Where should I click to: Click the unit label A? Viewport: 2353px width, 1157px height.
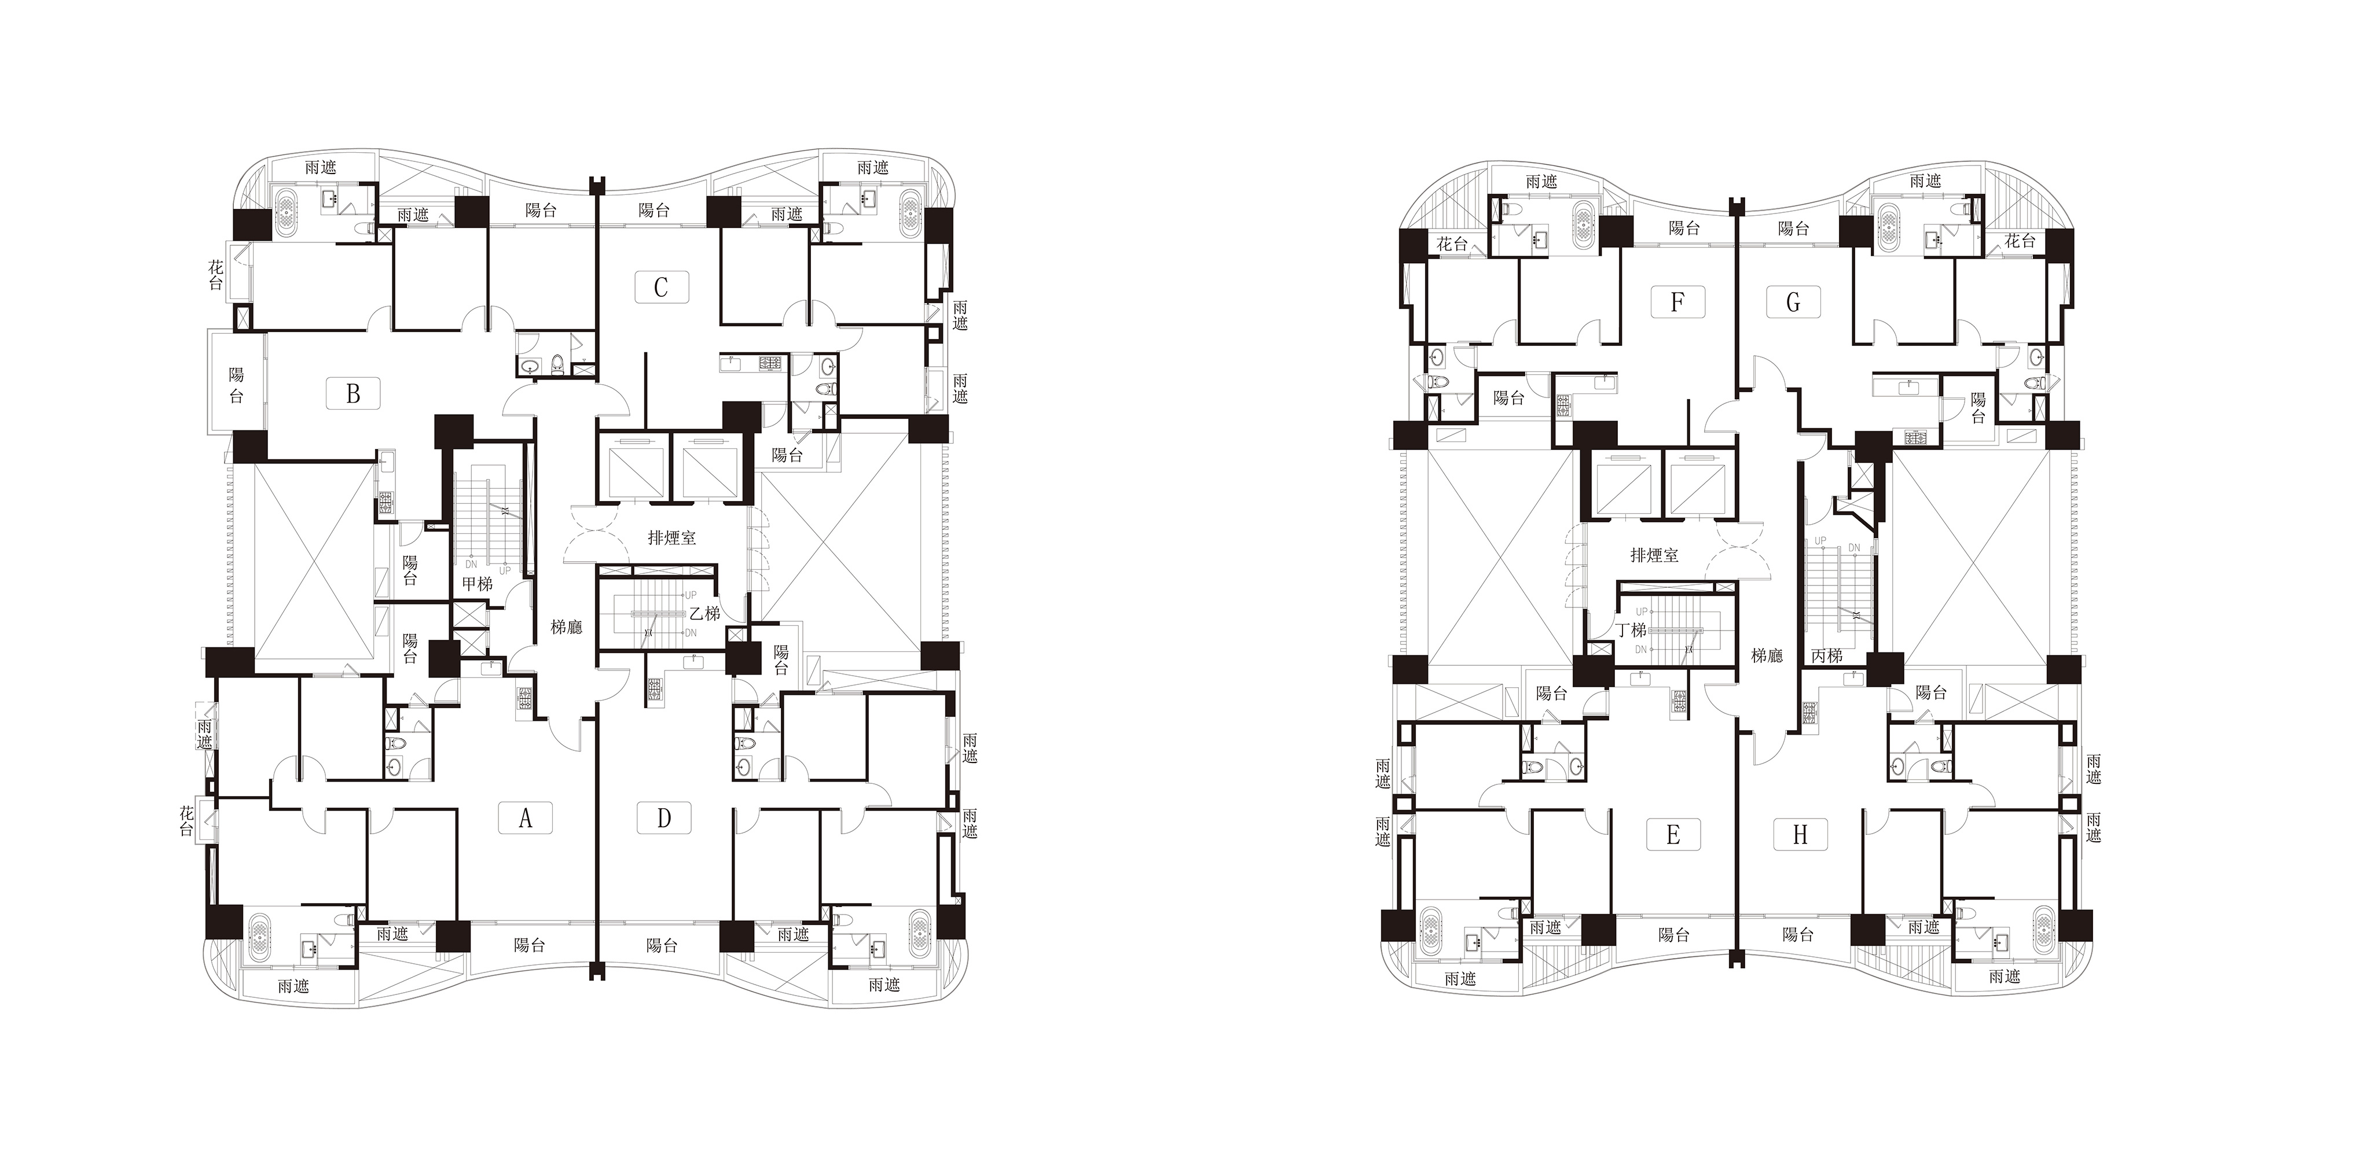(525, 818)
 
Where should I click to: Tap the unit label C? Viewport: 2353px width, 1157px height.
(661, 287)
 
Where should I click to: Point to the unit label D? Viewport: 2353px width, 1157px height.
(664, 817)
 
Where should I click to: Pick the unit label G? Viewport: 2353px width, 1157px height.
(1793, 302)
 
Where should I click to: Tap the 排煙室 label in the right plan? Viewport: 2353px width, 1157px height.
(1654, 554)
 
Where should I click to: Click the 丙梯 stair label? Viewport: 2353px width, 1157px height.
(1826, 655)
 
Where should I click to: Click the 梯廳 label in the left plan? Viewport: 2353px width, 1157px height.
(566, 627)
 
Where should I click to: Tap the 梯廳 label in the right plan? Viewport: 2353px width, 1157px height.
(1767, 655)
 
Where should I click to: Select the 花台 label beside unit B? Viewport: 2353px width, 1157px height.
(215, 275)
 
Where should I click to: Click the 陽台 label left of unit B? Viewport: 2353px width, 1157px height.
(237, 385)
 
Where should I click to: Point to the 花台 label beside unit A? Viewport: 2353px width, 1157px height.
(187, 820)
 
